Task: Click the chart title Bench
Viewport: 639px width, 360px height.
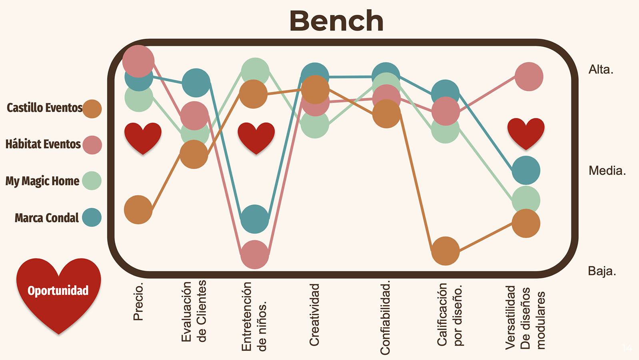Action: click(x=336, y=21)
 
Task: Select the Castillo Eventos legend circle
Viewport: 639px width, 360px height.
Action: click(x=92, y=109)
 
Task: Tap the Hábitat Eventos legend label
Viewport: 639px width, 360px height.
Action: click(x=43, y=144)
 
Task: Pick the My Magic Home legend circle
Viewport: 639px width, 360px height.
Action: click(x=92, y=181)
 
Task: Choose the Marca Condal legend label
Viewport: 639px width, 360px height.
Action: click(x=47, y=218)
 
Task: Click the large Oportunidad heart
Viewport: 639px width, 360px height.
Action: click(x=58, y=292)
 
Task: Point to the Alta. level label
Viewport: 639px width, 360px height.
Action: click(x=601, y=70)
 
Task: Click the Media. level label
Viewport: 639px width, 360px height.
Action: click(x=607, y=171)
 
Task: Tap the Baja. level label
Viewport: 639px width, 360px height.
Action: click(x=602, y=271)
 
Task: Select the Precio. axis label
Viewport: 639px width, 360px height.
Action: click(x=138, y=302)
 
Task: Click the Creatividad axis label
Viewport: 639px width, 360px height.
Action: click(x=315, y=314)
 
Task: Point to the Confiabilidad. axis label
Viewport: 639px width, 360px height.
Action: click(x=385, y=318)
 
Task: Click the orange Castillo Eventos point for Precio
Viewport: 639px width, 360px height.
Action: click(x=138, y=210)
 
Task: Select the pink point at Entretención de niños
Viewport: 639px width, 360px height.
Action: click(x=255, y=254)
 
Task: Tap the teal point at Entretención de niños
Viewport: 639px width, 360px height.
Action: click(x=255, y=219)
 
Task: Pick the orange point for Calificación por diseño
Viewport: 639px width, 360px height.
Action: click(x=445, y=251)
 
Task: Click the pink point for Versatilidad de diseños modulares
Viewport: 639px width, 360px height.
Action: click(x=529, y=76)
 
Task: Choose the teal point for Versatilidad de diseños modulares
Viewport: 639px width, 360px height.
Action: click(x=526, y=170)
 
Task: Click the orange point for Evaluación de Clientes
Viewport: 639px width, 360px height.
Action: click(x=194, y=154)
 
